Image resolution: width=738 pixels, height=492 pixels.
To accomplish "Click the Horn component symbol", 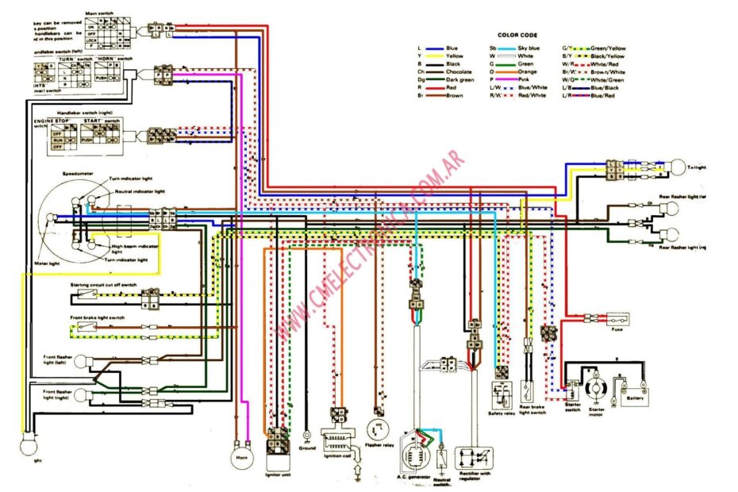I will point(240,458).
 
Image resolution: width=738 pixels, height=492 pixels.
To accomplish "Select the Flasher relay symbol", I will point(378,429).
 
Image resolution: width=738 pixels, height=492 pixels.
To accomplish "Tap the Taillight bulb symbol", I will point(677,167).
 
